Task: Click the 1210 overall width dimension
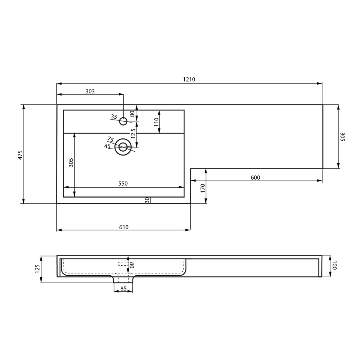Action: (x=189, y=80)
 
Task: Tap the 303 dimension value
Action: (x=90, y=91)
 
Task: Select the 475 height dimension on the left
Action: (x=20, y=155)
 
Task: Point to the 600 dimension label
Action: (x=255, y=178)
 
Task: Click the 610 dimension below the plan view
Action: (x=124, y=227)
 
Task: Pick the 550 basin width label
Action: (x=123, y=184)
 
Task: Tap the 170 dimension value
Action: (x=203, y=188)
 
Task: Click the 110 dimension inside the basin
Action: (x=156, y=122)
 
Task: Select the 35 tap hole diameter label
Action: (x=114, y=116)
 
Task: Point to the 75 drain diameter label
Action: (x=110, y=139)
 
